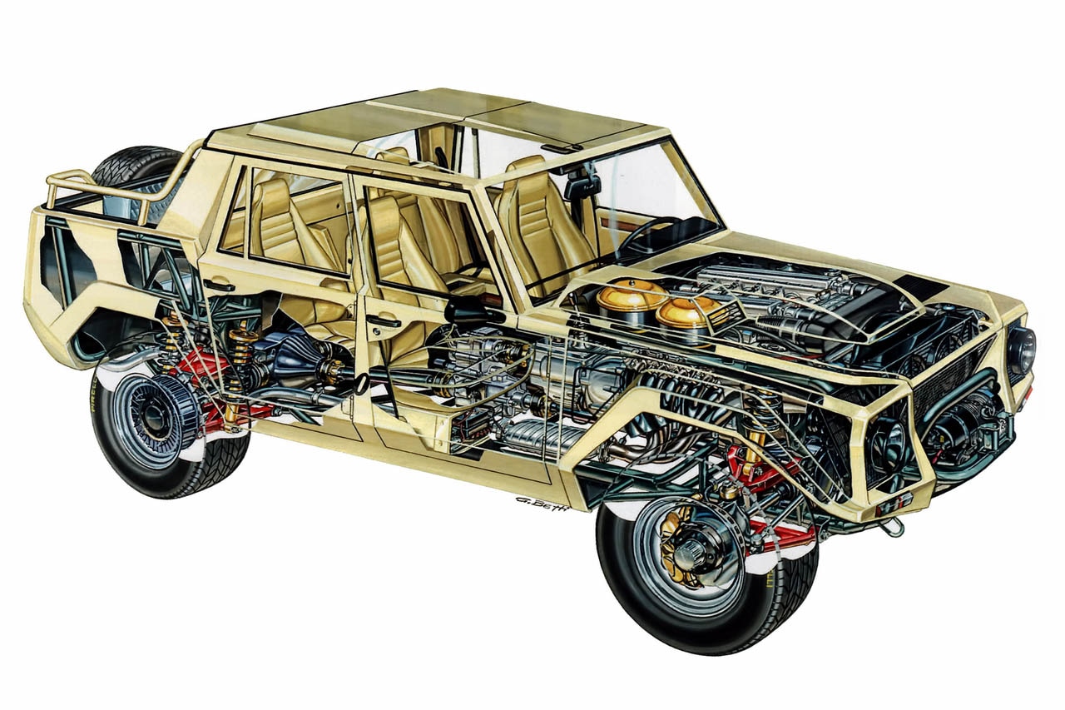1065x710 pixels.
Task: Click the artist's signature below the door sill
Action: tap(541, 503)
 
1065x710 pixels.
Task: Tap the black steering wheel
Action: tap(645, 234)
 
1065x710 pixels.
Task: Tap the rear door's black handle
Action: tap(219, 285)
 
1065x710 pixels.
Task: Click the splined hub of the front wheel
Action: tap(693, 550)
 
